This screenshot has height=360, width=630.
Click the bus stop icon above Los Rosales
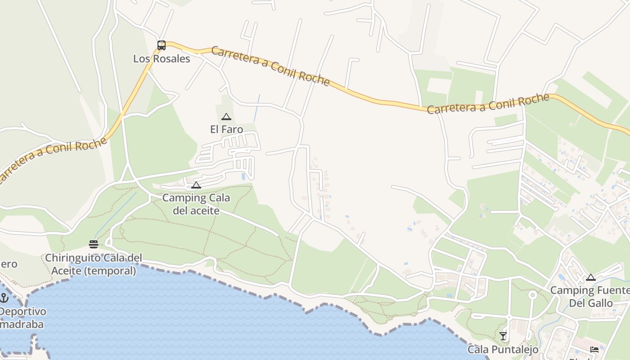[162, 45]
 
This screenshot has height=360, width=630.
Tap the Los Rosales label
[162, 58]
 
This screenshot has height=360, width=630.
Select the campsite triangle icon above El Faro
[226, 117]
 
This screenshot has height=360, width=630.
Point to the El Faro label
[226, 130]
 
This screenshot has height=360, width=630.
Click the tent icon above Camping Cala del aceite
[196, 185]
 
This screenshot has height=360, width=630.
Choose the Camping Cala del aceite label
[196, 204]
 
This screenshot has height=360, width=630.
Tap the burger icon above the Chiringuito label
[94, 244]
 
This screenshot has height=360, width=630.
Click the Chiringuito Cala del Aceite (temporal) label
[94, 264]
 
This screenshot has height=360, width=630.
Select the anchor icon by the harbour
[4, 298]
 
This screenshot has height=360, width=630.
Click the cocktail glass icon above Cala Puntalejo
[503, 336]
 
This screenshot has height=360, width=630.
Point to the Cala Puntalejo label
[503, 349]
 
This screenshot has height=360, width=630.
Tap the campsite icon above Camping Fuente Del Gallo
[590, 277]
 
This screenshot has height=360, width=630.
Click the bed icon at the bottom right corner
[594, 349]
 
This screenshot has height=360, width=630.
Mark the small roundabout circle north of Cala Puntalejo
[532, 295]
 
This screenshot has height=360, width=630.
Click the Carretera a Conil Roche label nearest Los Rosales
[270, 66]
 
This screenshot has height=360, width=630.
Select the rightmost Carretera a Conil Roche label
[488, 103]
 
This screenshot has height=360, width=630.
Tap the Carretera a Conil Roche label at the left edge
[53, 160]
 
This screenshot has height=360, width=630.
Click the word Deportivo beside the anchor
[22, 311]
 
